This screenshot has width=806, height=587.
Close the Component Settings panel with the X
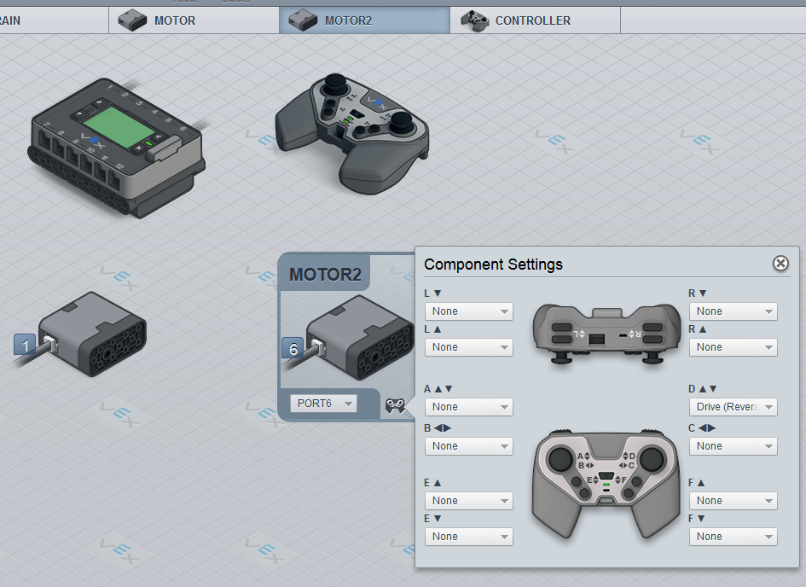point(780,263)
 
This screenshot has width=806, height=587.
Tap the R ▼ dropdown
point(734,311)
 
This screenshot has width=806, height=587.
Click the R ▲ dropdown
point(734,347)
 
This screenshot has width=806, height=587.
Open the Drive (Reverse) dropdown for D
point(734,407)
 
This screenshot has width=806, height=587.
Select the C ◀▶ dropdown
point(734,446)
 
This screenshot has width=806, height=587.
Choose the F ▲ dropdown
point(734,501)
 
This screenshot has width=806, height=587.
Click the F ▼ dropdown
point(734,537)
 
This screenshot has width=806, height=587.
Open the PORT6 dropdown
point(323,403)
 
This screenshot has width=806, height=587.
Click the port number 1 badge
point(26,346)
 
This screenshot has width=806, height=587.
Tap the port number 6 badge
point(293,349)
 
